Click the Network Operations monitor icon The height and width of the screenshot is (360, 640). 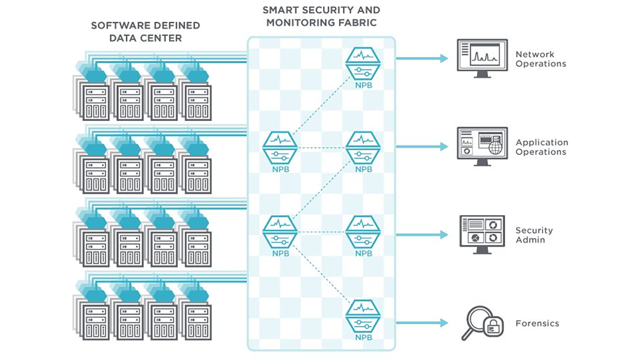482,58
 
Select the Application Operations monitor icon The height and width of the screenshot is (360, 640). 482,146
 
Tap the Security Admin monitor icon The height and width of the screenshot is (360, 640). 482,234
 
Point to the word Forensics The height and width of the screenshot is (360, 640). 537,324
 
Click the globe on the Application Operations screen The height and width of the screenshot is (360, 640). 496,148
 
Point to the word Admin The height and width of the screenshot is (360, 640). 530,240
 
